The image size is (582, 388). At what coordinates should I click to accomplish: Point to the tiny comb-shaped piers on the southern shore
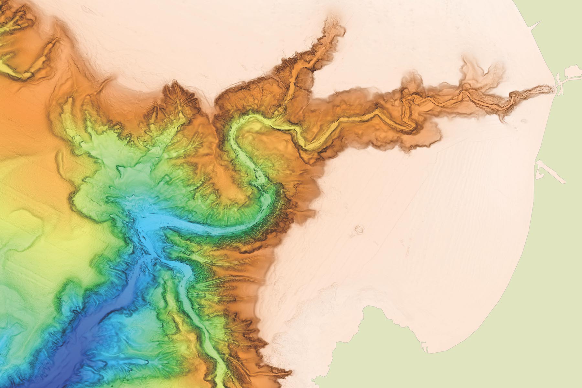426,349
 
